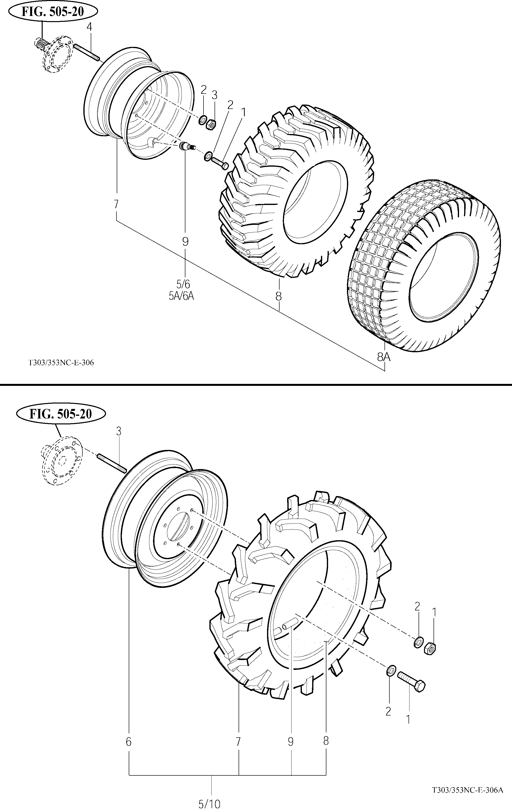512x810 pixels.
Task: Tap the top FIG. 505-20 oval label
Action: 53,12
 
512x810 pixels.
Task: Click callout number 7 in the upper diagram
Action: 116,204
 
